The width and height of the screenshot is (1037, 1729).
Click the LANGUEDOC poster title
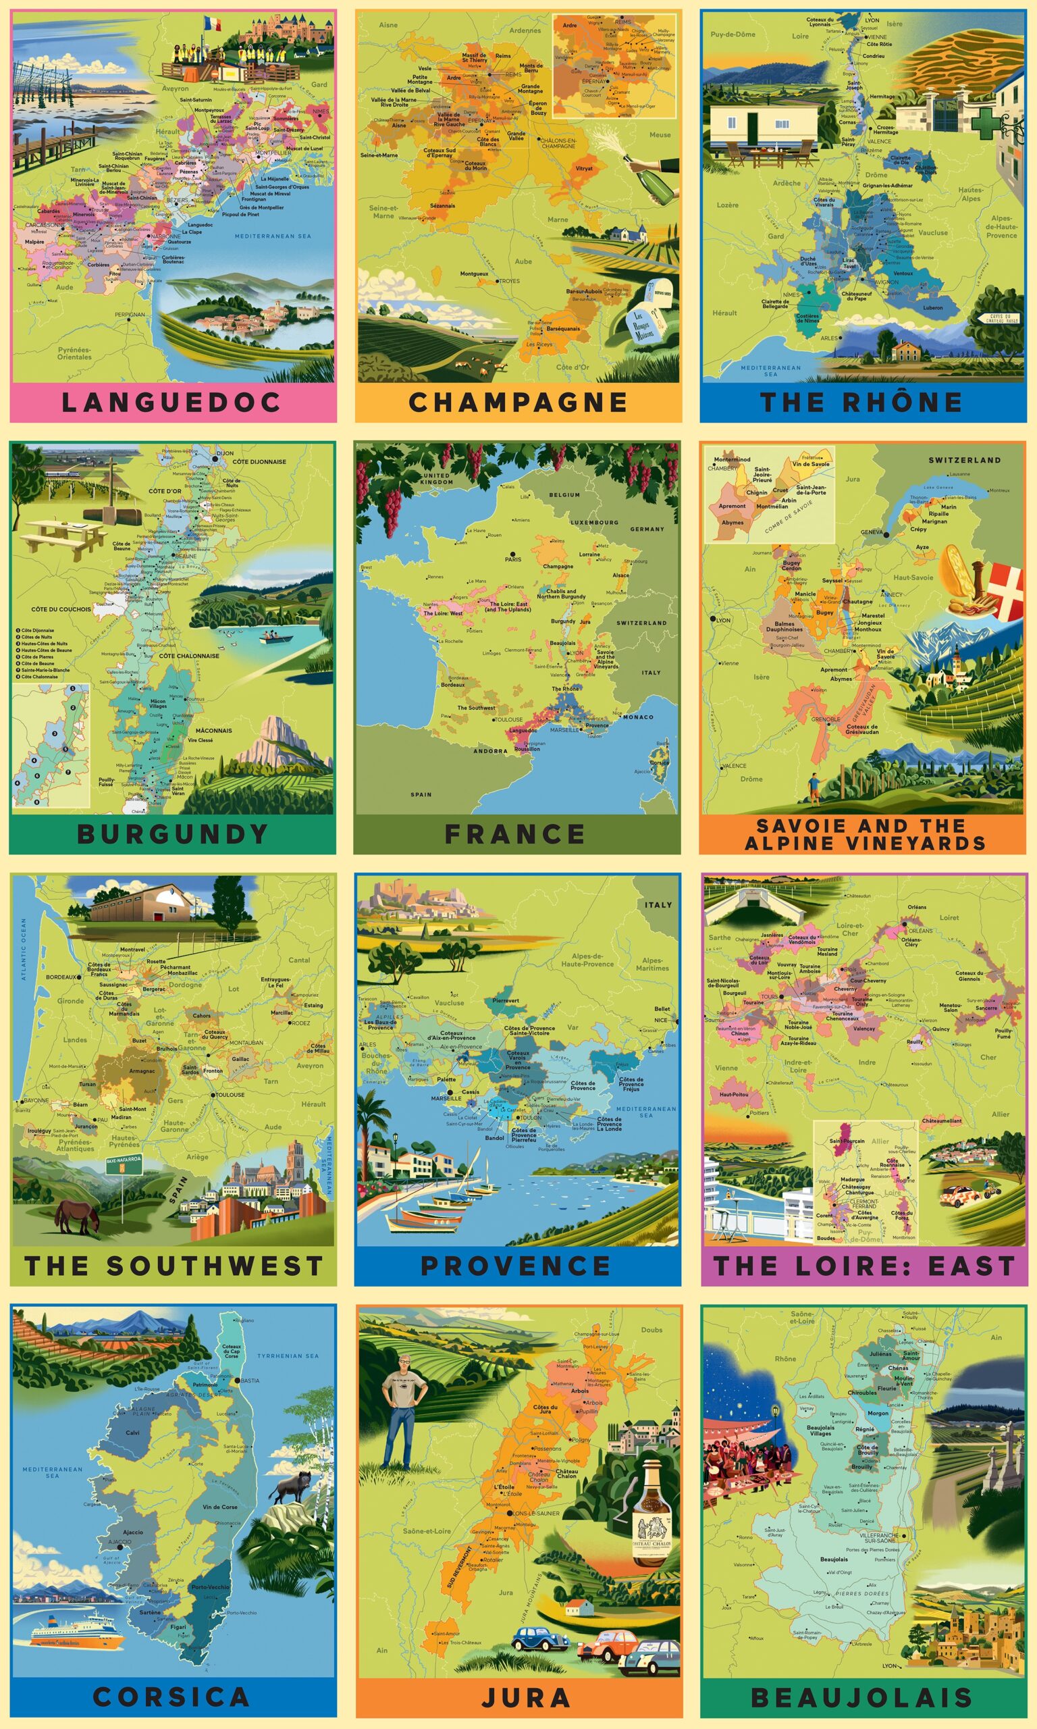171,403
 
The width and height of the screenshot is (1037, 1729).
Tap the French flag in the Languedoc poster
213,23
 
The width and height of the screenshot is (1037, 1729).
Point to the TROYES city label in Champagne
510,281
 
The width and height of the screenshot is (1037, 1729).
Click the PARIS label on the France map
514,559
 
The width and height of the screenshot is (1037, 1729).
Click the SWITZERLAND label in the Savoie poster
964,460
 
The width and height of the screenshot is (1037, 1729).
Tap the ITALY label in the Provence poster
658,904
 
